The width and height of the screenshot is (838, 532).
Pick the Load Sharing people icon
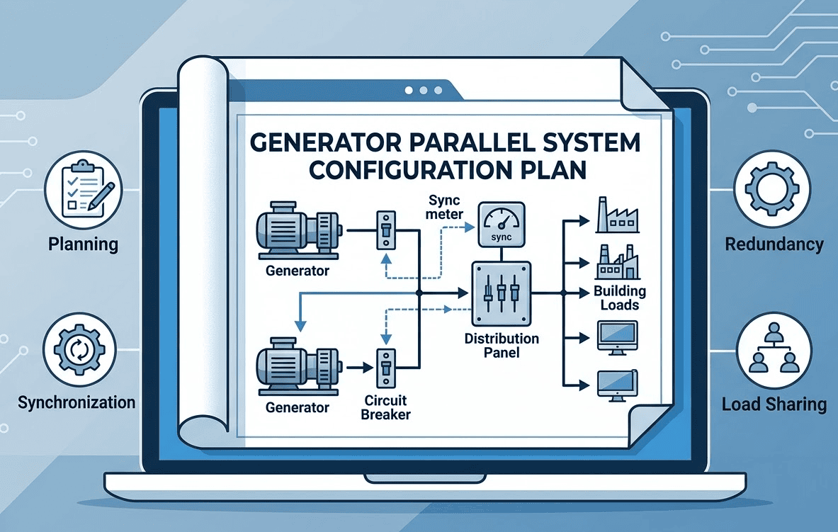pyautogui.click(x=768, y=351)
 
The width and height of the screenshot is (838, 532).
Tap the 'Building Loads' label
pyautogui.click(x=620, y=298)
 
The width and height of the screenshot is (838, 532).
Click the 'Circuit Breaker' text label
pyautogui.click(x=385, y=407)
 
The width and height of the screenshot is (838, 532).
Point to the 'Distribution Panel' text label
pyautogui.click(x=502, y=345)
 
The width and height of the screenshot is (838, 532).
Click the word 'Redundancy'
pyautogui.click(x=774, y=245)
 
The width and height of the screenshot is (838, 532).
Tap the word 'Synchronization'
pyautogui.click(x=77, y=403)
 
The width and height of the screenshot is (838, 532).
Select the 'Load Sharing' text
pyautogui.click(x=774, y=405)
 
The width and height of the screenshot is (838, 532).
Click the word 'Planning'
pyautogui.click(x=83, y=245)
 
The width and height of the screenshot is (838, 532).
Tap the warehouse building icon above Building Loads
pyautogui.click(x=615, y=263)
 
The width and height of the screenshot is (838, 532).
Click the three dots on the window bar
pyautogui.click(x=424, y=91)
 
